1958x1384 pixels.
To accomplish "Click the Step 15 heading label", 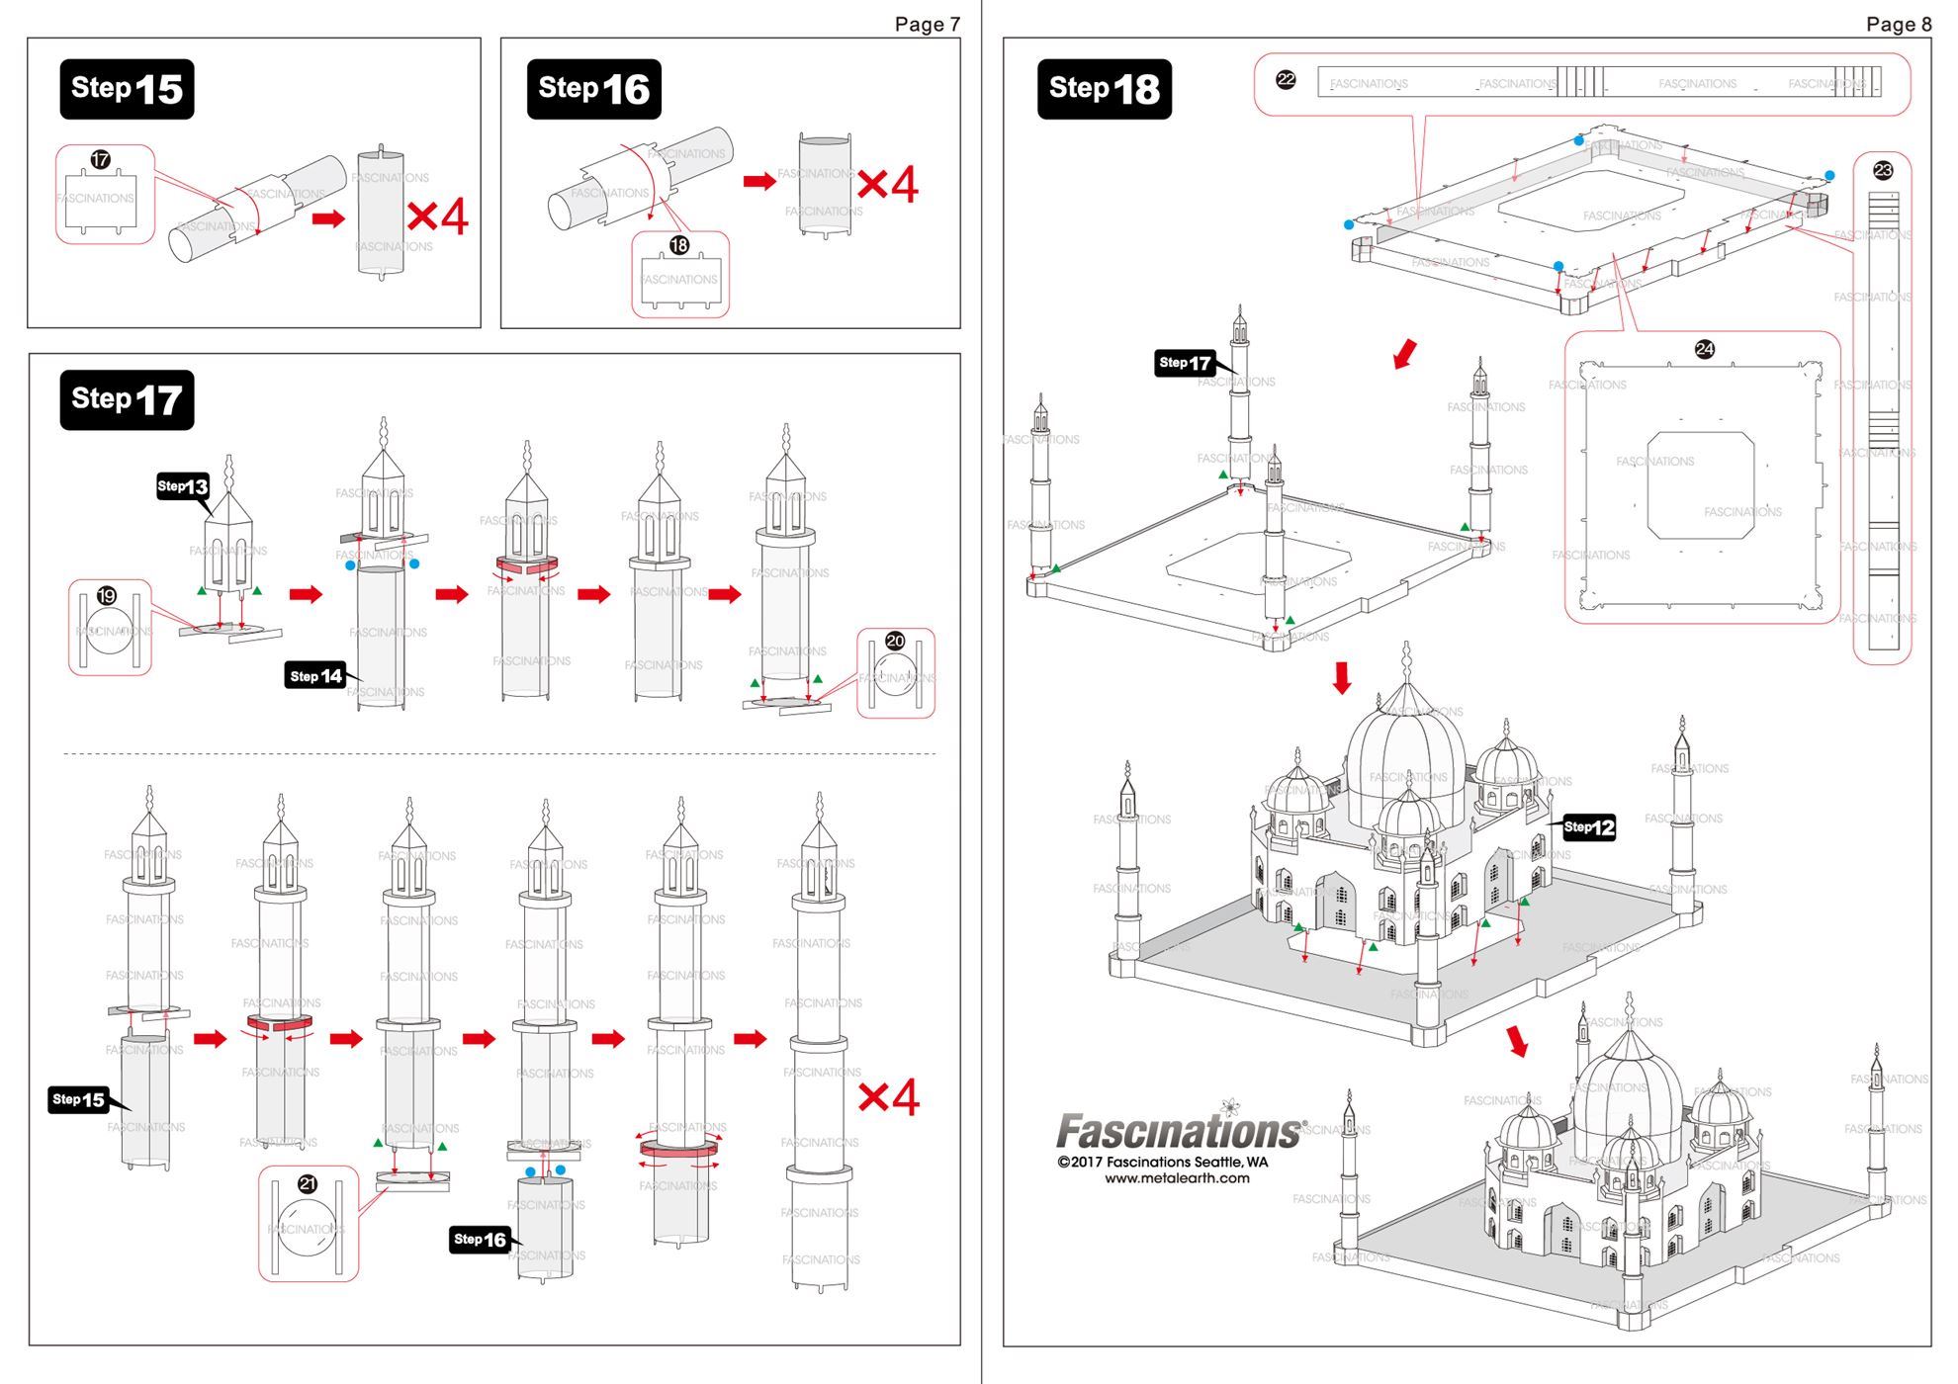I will click(x=127, y=89).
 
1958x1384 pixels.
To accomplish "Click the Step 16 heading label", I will click(x=593, y=89).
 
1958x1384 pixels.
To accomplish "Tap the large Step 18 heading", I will click(x=1104, y=89).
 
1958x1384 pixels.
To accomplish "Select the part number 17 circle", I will click(x=100, y=159).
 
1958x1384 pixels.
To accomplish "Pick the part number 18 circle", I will click(x=679, y=245).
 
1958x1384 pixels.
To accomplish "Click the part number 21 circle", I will click(x=308, y=1183).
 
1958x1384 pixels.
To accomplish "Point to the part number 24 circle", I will click(x=1704, y=349).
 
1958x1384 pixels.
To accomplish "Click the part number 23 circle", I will click(x=1883, y=170).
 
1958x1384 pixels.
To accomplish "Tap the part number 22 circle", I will click(x=1286, y=80).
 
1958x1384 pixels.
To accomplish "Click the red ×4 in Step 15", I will click(x=437, y=216).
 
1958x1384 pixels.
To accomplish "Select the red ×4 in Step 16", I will click(x=887, y=184).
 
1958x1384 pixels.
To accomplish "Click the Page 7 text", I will click(x=927, y=24).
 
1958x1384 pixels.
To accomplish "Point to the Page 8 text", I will click(x=1898, y=24).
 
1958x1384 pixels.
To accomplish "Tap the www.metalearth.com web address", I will click(x=1177, y=1178).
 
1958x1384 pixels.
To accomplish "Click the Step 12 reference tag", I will click(x=1589, y=827).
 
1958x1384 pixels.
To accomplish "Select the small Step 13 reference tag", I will click(x=184, y=486).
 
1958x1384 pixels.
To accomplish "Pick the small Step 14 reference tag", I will click(x=315, y=676).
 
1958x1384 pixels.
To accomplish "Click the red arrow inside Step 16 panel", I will click(x=759, y=181).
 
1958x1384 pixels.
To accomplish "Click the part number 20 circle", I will click(x=895, y=641).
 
